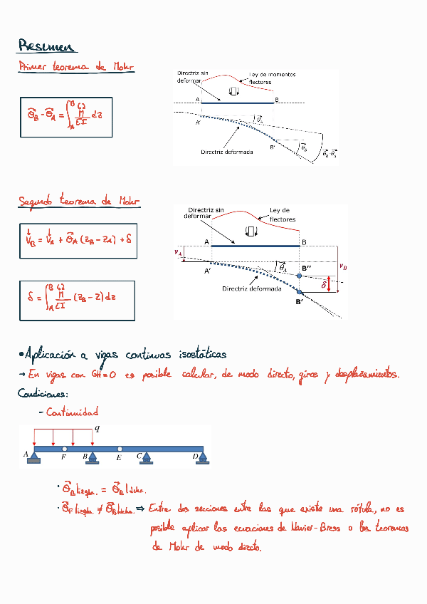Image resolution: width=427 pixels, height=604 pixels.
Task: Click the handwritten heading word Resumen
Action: point(46,47)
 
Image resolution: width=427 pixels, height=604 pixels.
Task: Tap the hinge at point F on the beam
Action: point(64,449)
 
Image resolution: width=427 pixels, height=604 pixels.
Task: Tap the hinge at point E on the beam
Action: point(120,449)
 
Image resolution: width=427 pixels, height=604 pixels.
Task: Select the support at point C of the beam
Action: point(146,459)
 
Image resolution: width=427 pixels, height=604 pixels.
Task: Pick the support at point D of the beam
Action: point(201,459)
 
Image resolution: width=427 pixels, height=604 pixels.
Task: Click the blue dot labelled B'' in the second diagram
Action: point(300,275)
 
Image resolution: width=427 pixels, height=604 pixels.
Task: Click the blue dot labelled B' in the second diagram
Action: point(300,292)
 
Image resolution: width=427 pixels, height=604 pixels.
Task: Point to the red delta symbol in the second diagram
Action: point(324,284)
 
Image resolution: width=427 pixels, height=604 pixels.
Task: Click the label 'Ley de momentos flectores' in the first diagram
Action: point(272,78)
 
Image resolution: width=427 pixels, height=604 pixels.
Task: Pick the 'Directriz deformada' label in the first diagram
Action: point(226,152)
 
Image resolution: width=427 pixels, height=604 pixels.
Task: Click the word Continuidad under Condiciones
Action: point(72,412)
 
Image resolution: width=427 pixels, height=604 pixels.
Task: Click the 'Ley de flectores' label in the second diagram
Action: point(283,214)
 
